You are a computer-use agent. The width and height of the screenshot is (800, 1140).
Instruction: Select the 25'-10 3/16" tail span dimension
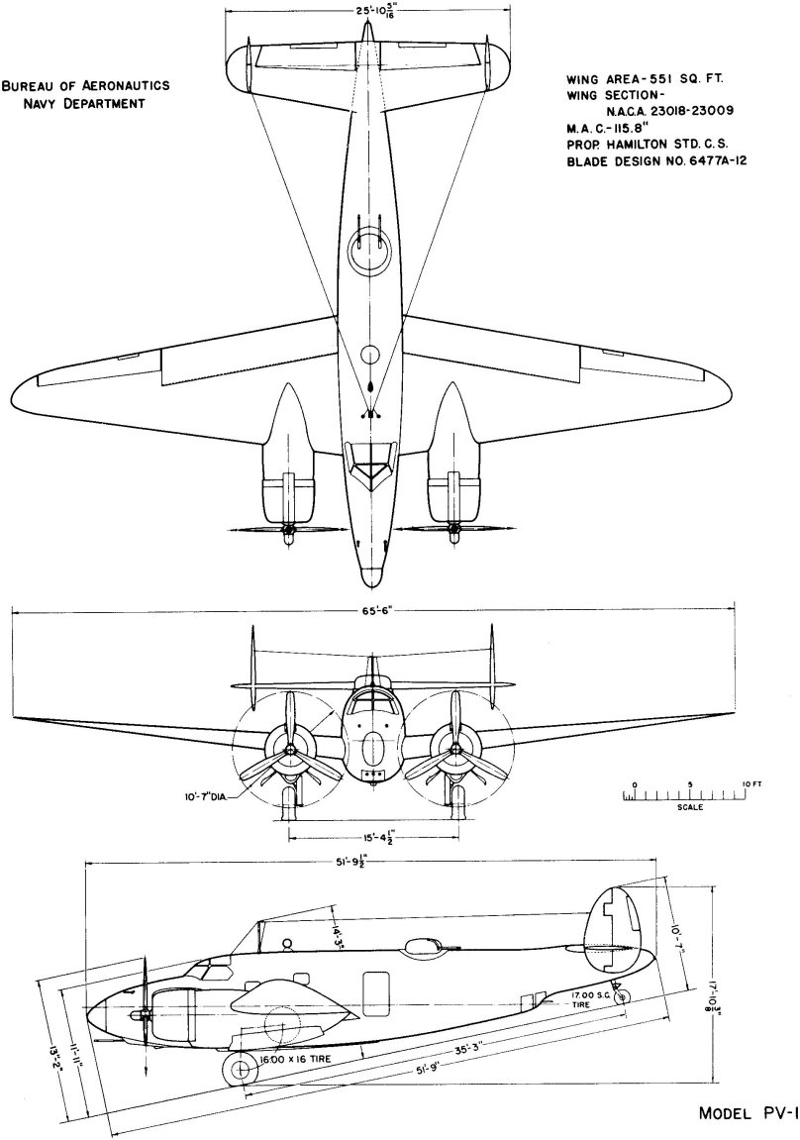[x=368, y=12]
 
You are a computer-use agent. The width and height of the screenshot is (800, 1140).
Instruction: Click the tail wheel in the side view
[x=622, y=996]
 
